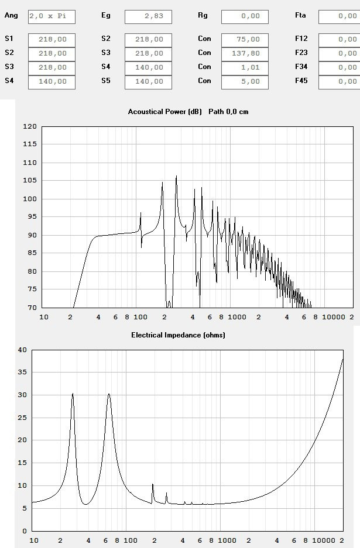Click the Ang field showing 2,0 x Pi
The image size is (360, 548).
(52, 16)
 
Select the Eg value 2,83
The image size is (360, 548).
(148, 16)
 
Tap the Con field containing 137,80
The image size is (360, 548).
(245, 53)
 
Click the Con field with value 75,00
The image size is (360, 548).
(245, 39)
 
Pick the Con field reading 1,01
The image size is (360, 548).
(245, 67)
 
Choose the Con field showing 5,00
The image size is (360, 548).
(245, 81)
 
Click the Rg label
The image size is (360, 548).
(203, 16)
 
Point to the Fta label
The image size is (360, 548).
(300, 16)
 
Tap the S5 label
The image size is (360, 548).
(105, 81)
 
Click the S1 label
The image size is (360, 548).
(9, 39)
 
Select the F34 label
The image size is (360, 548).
(301, 67)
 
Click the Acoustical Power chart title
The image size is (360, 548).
(188, 111)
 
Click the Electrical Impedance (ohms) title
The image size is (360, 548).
(178, 335)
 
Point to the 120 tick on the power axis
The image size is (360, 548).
(30, 126)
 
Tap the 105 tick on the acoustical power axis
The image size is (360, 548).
(30, 181)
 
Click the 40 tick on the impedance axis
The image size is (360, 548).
(23, 350)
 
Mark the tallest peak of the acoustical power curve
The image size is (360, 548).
(176, 176)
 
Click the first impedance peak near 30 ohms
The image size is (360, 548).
(73, 394)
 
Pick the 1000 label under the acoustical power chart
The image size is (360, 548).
(237, 317)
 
